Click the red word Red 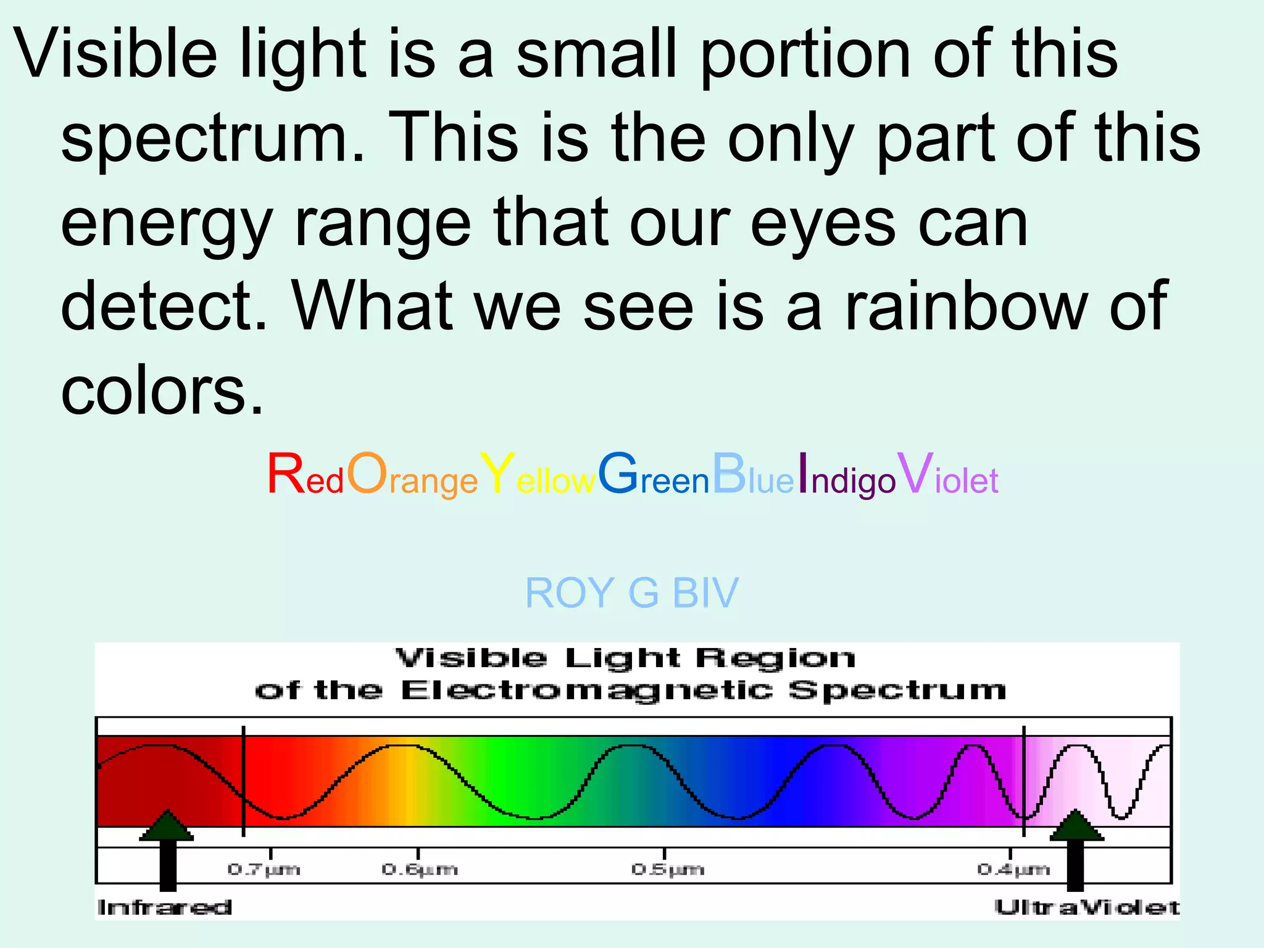click(305, 475)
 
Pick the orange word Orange click(412, 475)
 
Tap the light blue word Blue click(753, 475)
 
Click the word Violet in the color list click(948, 475)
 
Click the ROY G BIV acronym click(631, 593)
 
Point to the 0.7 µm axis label click(264, 870)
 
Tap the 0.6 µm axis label click(420, 870)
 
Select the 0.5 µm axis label click(667, 870)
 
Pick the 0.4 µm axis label click(1013, 870)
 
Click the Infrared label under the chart click(165, 907)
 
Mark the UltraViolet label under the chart click(1086, 907)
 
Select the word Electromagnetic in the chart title click(586, 691)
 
